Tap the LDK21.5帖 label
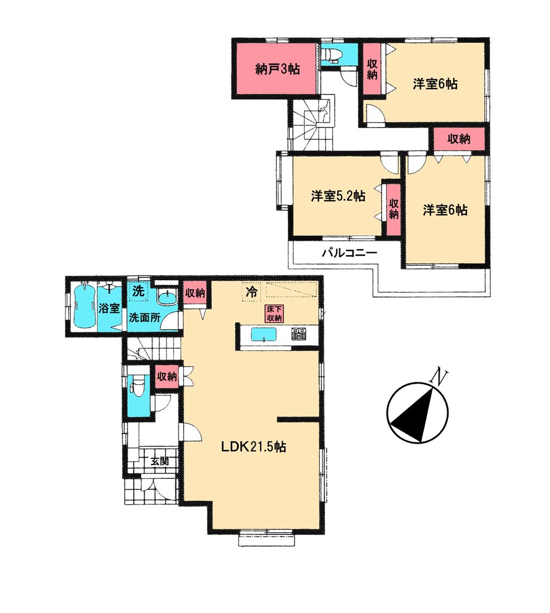click(x=253, y=448)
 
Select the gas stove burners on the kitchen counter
click(x=299, y=333)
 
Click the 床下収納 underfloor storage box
click(x=274, y=314)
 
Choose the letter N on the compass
click(x=438, y=377)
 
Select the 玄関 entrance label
click(x=159, y=462)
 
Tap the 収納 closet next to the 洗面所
click(x=195, y=292)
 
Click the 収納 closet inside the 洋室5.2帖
click(x=393, y=209)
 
